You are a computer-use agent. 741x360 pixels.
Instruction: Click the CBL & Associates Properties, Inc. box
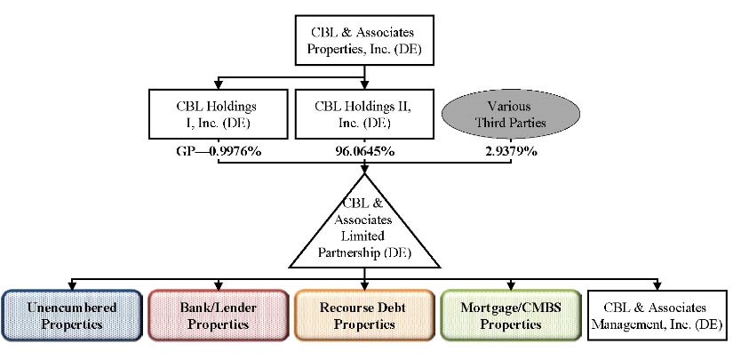tap(364, 39)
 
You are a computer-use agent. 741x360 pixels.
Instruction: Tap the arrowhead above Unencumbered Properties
tap(70, 285)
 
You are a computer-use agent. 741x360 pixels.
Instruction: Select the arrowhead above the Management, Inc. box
tap(658, 285)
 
